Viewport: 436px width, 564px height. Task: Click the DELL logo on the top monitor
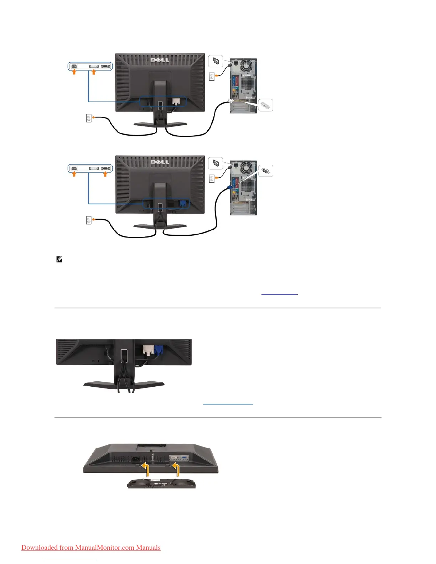pyautogui.click(x=160, y=59)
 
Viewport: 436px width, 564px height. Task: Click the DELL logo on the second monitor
pyautogui.click(x=160, y=162)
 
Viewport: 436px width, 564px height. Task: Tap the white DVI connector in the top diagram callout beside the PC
pyautogui.click(x=265, y=105)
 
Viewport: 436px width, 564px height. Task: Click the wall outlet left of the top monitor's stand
pyautogui.click(x=89, y=118)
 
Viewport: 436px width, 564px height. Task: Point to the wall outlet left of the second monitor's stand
pyautogui.click(x=89, y=220)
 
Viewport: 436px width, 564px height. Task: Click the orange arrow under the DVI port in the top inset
pyautogui.click(x=94, y=72)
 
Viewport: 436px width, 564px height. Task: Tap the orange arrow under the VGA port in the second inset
pyautogui.click(x=105, y=174)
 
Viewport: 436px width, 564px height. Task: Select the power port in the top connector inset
pyautogui.click(x=74, y=66)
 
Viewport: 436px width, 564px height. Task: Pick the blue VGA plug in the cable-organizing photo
pyautogui.click(x=159, y=350)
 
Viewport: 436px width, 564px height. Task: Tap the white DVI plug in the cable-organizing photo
pyautogui.click(x=148, y=350)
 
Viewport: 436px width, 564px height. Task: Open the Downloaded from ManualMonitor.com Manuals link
pyautogui.click(x=91, y=547)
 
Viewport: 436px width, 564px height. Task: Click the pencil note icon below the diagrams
pyautogui.click(x=59, y=260)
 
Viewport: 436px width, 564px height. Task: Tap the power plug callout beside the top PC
pyautogui.click(x=216, y=61)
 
